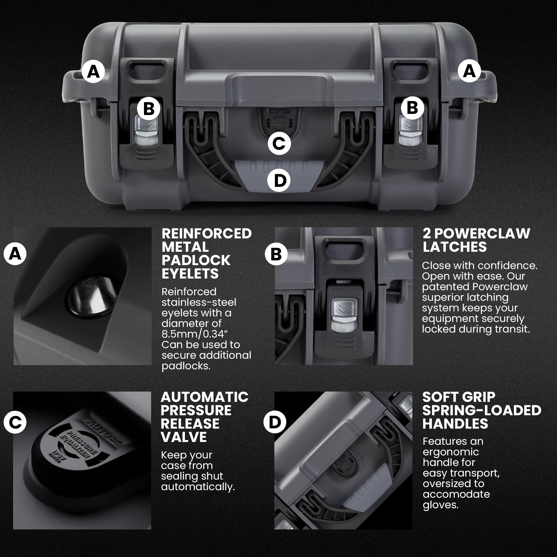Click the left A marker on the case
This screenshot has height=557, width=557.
[x=93, y=71]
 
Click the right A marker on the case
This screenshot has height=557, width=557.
[x=469, y=71]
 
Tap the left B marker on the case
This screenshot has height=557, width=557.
[x=148, y=109]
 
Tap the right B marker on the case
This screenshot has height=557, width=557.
[x=412, y=108]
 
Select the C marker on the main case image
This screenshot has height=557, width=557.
[x=279, y=143]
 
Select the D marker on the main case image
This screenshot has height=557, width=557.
[x=279, y=180]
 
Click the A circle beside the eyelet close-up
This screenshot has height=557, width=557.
[x=15, y=254]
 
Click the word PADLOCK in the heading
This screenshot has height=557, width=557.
[x=196, y=260]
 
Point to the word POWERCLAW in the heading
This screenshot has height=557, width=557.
[x=482, y=234]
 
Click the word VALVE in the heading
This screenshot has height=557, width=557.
[x=184, y=437]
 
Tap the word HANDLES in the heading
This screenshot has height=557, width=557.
[x=455, y=424]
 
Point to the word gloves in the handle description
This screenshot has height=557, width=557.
[x=440, y=505]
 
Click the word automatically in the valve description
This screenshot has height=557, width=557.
[x=198, y=487]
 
